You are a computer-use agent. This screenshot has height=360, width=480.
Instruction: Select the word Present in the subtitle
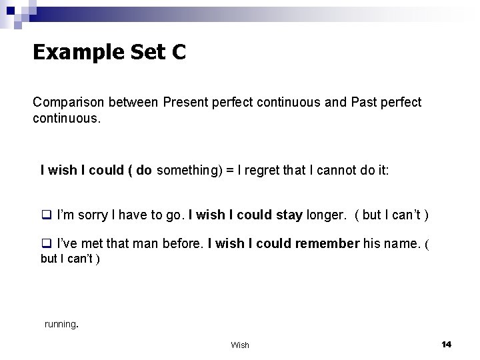[x=183, y=103]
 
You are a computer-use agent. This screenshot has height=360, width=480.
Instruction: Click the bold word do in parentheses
[x=144, y=171]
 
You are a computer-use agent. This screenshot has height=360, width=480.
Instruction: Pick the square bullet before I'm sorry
[x=47, y=215]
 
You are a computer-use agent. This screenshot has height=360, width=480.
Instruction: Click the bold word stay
[x=289, y=215]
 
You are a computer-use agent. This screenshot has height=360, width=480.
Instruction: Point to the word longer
[x=324, y=215]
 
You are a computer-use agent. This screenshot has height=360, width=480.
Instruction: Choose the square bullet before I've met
[x=47, y=244]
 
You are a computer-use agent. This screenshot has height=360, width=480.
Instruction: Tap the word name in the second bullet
[x=401, y=244]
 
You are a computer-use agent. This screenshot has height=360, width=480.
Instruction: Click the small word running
[x=61, y=324]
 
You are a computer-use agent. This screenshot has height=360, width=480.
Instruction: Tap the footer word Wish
[x=240, y=345]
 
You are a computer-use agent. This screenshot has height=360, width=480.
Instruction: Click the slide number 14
[x=446, y=344]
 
